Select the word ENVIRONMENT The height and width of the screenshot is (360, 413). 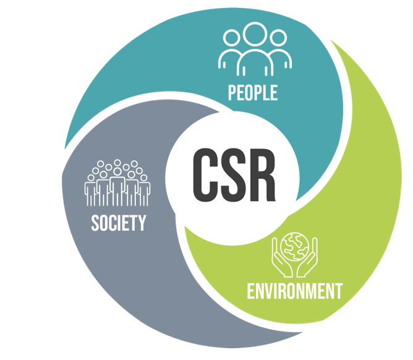(294, 290)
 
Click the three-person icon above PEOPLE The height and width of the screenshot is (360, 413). (254, 49)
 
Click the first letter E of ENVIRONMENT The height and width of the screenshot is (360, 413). (251, 290)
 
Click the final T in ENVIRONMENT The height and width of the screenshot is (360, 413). (338, 290)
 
